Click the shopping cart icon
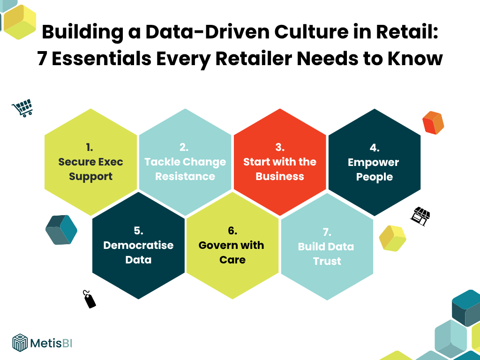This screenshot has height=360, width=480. [22, 107]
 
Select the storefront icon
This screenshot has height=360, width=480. [420, 216]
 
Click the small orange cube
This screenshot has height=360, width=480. [433, 123]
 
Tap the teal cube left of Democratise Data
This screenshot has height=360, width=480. [61, 230]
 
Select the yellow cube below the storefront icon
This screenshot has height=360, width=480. [392, 238]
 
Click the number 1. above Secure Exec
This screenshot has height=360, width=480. [90, 147]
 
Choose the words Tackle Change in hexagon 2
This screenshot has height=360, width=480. [185, 162]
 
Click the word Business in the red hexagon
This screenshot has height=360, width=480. [280, 176]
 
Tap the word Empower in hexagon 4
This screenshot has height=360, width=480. [374, 162]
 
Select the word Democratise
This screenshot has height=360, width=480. [138, 245]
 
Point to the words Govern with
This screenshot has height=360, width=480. [231, 245]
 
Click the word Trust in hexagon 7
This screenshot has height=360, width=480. [327, 261]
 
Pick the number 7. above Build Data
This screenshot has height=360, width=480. [327, 232]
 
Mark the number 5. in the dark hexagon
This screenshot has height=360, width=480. [138, 231]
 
